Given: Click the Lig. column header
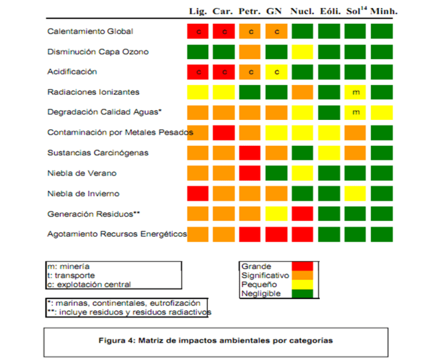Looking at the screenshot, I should [x=198, y=11].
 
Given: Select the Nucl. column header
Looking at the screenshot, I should [x=302, y=11].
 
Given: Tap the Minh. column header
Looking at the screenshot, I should [x=384, y=11].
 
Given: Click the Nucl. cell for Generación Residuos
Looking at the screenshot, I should [x=303, y=213].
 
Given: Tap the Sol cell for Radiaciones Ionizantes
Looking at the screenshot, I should [x=356, y=91].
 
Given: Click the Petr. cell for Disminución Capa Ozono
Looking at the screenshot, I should [x=250, y=52].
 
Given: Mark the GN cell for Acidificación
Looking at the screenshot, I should [x=276, y=72].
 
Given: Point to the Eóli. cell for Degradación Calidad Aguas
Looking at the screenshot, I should [x=329, y=112].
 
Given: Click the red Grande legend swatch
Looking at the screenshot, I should [x=302, y=266].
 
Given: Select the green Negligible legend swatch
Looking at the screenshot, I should [x=302, y=292].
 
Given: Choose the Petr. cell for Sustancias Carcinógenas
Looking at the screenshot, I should [x=250, y=152].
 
